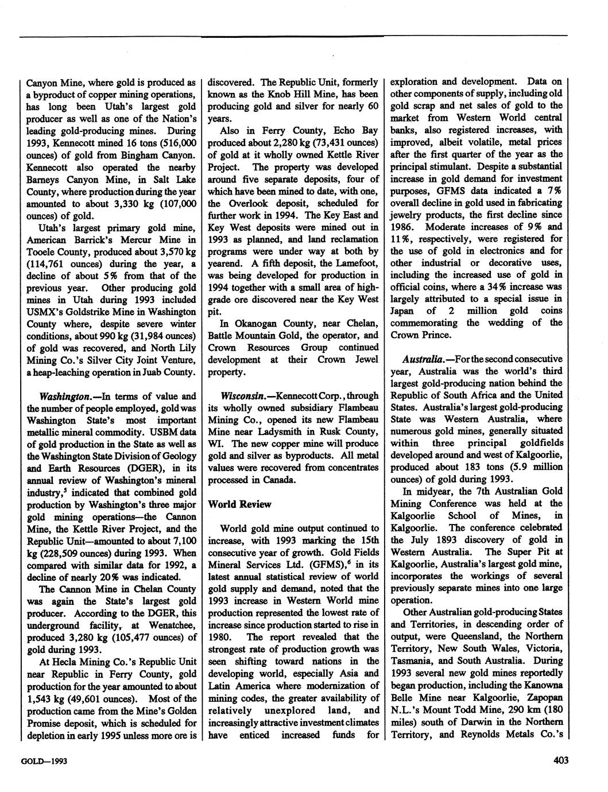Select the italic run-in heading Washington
61,396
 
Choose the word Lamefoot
357,263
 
